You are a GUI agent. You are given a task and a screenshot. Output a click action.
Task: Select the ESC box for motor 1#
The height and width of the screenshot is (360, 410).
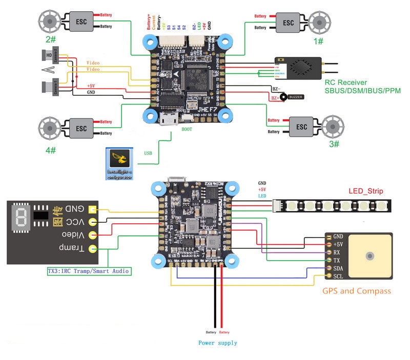[289, 23]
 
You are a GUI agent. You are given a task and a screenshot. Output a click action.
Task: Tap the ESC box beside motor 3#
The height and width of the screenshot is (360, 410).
[301, 126]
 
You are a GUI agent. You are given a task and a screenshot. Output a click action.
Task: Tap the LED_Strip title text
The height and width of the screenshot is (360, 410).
[366, 191]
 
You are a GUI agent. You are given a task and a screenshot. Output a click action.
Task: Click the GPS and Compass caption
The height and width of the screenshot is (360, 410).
[356, 291]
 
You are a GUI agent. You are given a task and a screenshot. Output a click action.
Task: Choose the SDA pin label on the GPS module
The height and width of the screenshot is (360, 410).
[338, 268]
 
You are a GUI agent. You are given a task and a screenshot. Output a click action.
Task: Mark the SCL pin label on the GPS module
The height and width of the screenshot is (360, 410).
[338, 277]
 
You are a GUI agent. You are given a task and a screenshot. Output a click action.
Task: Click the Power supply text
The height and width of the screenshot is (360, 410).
[218, 343]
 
